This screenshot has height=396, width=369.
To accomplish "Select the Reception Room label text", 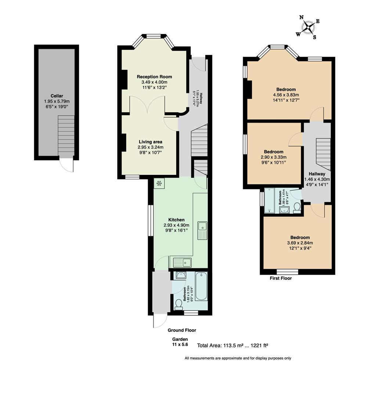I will (154, 77).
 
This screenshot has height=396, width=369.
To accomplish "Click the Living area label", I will (150, 142).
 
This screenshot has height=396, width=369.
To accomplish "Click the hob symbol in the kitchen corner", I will (160, 184).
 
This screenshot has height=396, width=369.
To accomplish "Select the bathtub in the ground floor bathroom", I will (201, 286).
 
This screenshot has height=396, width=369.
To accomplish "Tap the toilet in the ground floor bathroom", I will (179, 304).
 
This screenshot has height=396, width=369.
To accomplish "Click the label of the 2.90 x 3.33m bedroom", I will (274, 152).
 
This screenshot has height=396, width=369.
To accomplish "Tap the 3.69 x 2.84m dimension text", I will (300, 243).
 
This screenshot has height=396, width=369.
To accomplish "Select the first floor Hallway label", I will (316, 174).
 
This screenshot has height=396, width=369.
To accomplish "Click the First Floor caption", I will (281, 279).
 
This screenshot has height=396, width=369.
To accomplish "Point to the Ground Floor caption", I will (182, 330).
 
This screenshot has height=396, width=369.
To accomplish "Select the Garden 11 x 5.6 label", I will (180, 342).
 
